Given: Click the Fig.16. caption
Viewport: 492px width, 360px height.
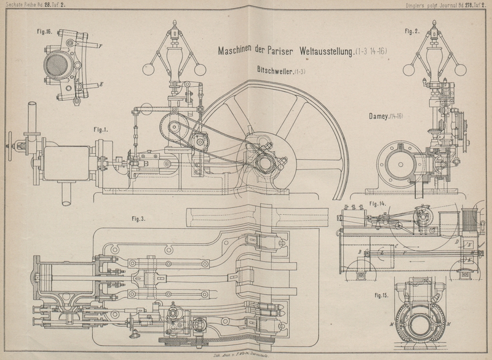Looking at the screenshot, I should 43,33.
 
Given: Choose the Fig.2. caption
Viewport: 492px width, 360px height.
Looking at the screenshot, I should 412,31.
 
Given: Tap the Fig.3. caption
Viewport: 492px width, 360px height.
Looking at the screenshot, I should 140,218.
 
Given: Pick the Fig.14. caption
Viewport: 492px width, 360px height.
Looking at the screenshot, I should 376,204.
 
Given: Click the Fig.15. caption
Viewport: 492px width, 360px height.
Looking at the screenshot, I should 384,295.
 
